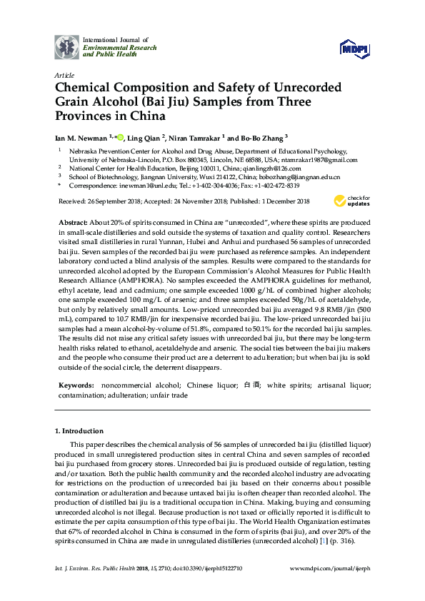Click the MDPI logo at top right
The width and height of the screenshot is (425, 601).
354,49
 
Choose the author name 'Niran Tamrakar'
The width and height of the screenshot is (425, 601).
199,138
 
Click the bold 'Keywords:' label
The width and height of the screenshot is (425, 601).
74,385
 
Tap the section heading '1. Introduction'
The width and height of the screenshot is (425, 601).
79,431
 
